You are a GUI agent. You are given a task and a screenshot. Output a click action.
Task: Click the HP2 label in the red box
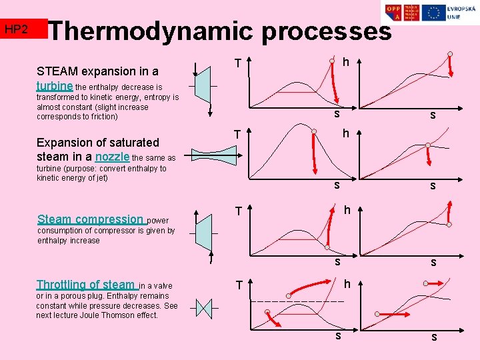click(x=16, y=29)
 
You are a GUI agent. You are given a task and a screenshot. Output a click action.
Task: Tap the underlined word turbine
click(x=55, y=86)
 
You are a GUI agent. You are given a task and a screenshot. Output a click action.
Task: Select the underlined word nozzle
click(x=113, y=157)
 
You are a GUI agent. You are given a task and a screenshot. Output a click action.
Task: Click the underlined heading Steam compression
click(x=91, y=219)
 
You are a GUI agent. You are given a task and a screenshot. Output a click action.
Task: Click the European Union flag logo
click(x=435, y=13)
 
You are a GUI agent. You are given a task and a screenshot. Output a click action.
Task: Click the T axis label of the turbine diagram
click(x=237, y=64)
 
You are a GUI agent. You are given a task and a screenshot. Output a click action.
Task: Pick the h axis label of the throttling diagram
click(x=347, y=284)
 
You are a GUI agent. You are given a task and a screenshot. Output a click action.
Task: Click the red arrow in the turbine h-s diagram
click(x=453, y=65)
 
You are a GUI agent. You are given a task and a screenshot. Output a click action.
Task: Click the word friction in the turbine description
click(x=102, y=117)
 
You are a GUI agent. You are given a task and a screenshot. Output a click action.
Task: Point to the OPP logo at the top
click(x=393, y=13)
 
